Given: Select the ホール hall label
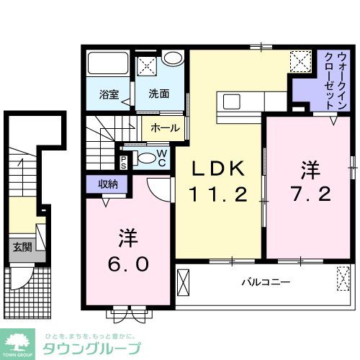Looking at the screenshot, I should tap(166, 127).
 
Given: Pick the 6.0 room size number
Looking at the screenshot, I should tap(130, 264).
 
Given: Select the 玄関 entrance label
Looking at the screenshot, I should tap(22, 247).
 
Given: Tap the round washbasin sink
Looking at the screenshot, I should tap(171, 59).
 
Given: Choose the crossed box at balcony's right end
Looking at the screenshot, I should tap(341, 278).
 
